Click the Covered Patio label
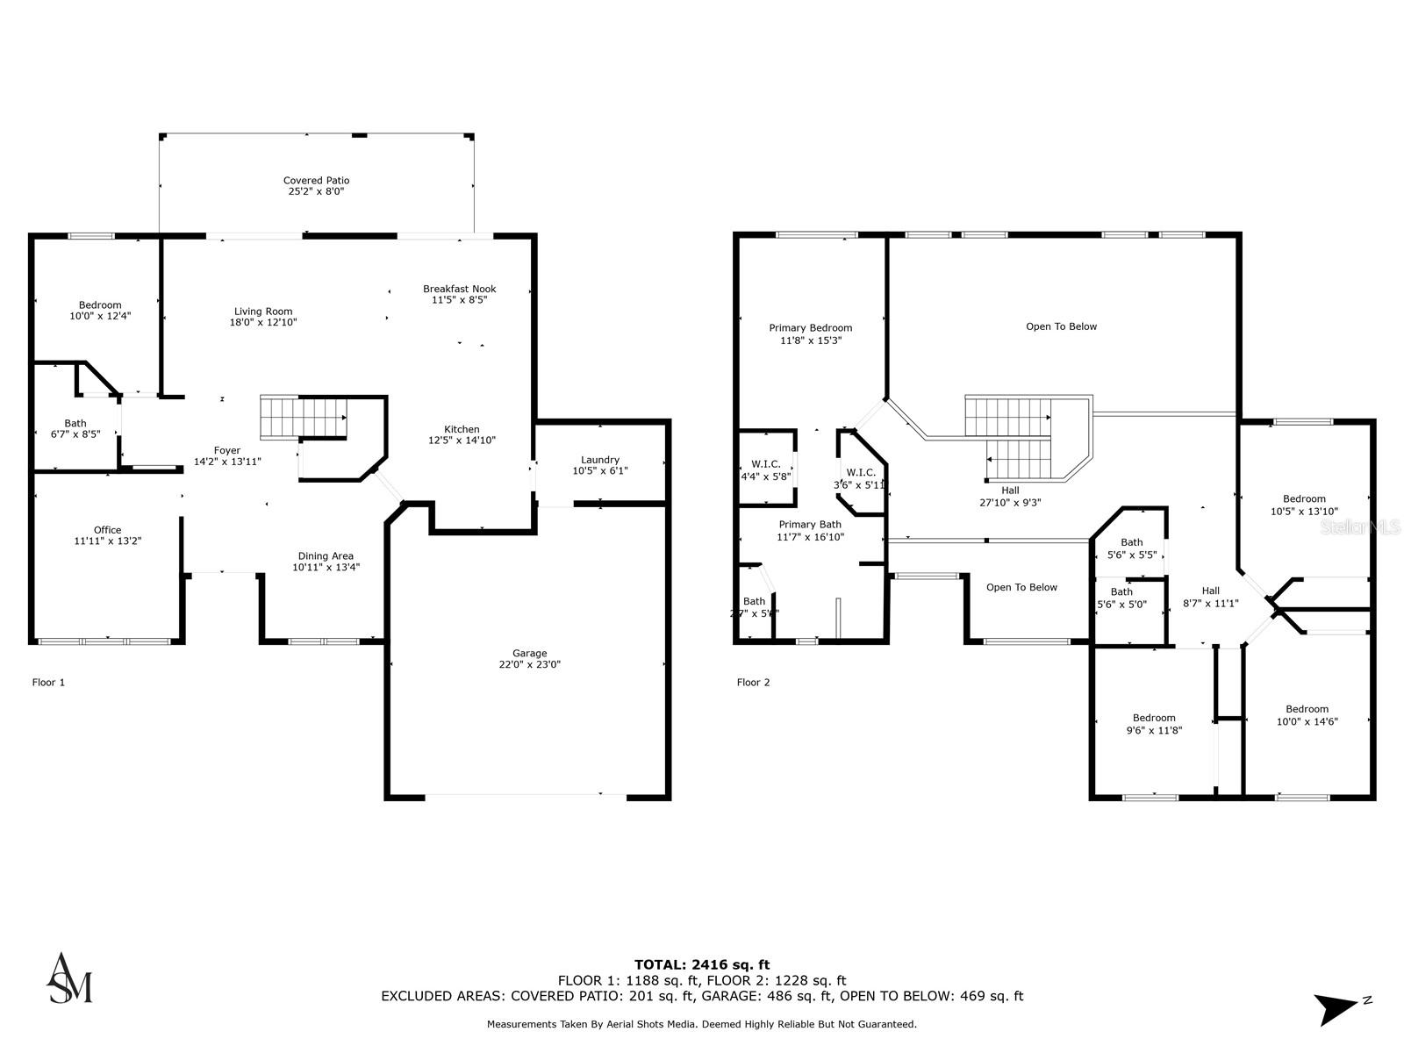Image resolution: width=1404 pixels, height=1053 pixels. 316,181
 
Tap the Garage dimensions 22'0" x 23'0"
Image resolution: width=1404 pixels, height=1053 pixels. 529,665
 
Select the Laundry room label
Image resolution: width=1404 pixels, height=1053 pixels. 600,460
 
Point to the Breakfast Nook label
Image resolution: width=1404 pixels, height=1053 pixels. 459,289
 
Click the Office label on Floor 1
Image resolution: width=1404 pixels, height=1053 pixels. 107,530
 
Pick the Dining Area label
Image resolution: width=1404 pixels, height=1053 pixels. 326,555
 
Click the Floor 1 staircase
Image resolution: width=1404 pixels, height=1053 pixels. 303,417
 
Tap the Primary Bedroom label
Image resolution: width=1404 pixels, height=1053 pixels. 810,328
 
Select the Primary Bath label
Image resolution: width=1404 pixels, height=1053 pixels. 810,525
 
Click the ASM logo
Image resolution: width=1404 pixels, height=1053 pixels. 69,978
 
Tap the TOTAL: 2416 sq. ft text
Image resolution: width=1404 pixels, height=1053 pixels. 702,964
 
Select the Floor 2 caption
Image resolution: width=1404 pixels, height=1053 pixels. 753,683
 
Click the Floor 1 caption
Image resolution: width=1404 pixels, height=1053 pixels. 48,683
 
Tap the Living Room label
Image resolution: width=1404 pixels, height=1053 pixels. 263,312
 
